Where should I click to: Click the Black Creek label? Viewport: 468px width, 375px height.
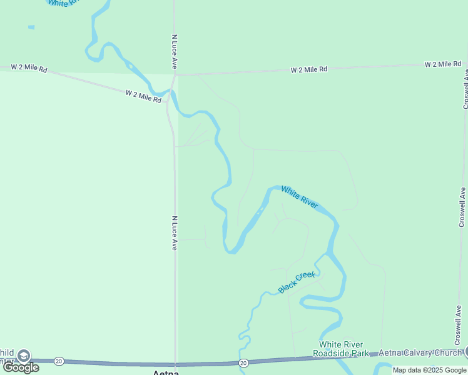click(x=297, y=282)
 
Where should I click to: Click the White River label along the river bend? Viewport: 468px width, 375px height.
click(x=300, y=197)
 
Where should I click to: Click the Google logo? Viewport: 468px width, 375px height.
click(x=21, y=367)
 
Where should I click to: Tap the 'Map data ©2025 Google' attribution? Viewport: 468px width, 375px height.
click(x=429, y=370)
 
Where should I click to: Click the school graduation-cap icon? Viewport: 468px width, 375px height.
click(x=24, y=356)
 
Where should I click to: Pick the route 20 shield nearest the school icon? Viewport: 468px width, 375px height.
click(x=59, y=361)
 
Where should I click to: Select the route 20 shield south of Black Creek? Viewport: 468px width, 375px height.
click(x=243, y=362)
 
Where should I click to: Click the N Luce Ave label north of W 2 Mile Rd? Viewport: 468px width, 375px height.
click(x=175, y=52)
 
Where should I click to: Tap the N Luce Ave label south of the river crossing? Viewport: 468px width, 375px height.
click(x=175, y=233)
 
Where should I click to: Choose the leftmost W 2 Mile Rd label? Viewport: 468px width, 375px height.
click(x=29, y=69)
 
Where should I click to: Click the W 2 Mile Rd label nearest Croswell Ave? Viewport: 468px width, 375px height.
click(x=443, y=64)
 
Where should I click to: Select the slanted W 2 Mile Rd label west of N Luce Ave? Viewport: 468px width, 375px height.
click(x=144, y=96)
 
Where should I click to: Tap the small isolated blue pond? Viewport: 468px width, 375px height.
click(x=31, y=27)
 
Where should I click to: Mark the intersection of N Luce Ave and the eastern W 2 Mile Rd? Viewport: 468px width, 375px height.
click(x=176, y=74)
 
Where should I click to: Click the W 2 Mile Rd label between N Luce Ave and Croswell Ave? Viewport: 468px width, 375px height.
click(x=309, y=69)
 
